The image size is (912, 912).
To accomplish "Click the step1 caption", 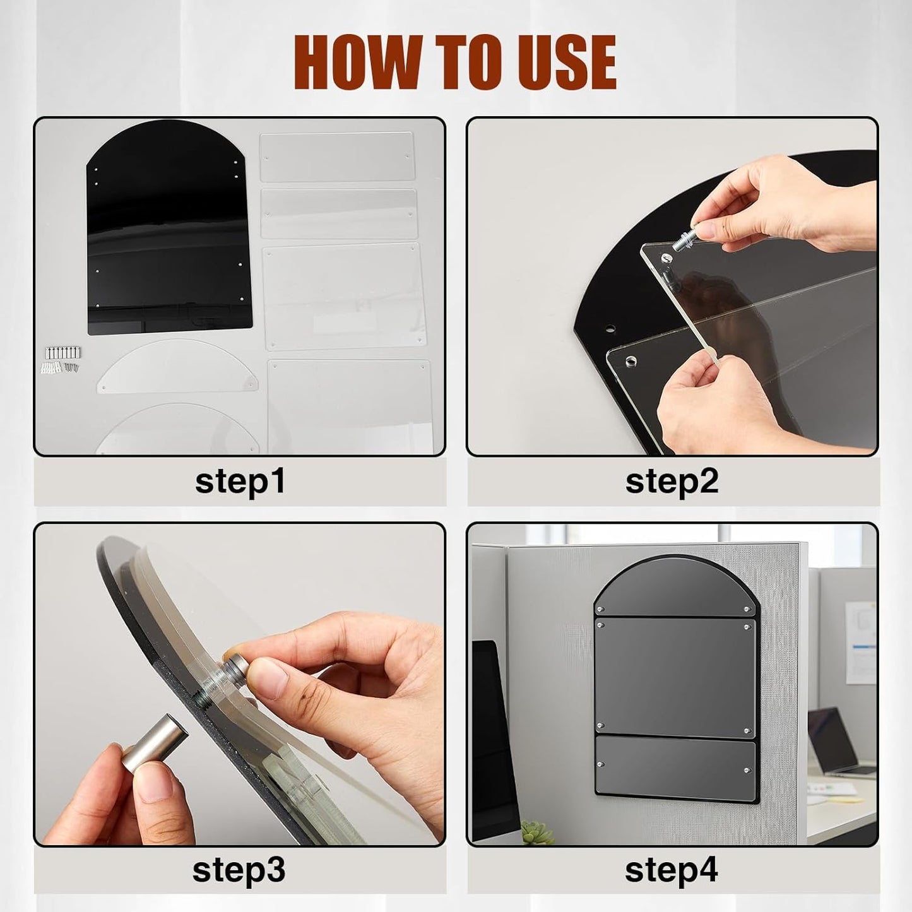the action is click(240, 481).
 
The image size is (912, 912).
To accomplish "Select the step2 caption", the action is click(672, 481).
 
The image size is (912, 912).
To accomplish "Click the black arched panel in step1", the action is click(169, 227).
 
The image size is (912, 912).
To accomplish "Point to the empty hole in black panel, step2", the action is click(609, 328).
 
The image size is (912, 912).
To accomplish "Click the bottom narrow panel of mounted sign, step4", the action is click(675, 767).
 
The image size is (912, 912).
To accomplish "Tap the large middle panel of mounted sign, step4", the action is click(675, 677).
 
